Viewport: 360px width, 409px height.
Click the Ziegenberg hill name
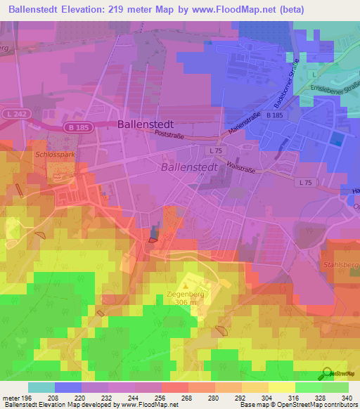coord(186,294)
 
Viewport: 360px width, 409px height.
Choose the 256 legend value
coord(161,398)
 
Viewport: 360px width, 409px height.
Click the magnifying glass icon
coord(327,372)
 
